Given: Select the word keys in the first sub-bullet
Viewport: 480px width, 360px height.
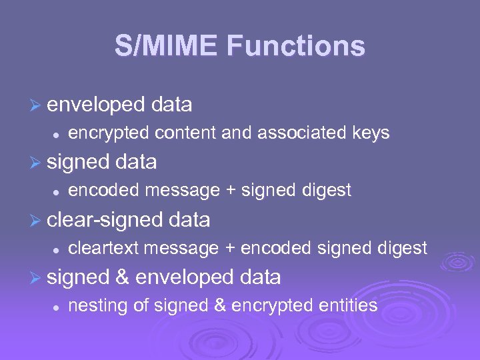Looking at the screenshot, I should coord(370,133).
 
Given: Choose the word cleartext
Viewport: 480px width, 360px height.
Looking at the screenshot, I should coord(103,249).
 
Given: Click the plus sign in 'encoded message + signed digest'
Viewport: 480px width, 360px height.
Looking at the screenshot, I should coord(230,191).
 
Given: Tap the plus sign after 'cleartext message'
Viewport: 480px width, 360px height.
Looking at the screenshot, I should coord(230,249).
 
